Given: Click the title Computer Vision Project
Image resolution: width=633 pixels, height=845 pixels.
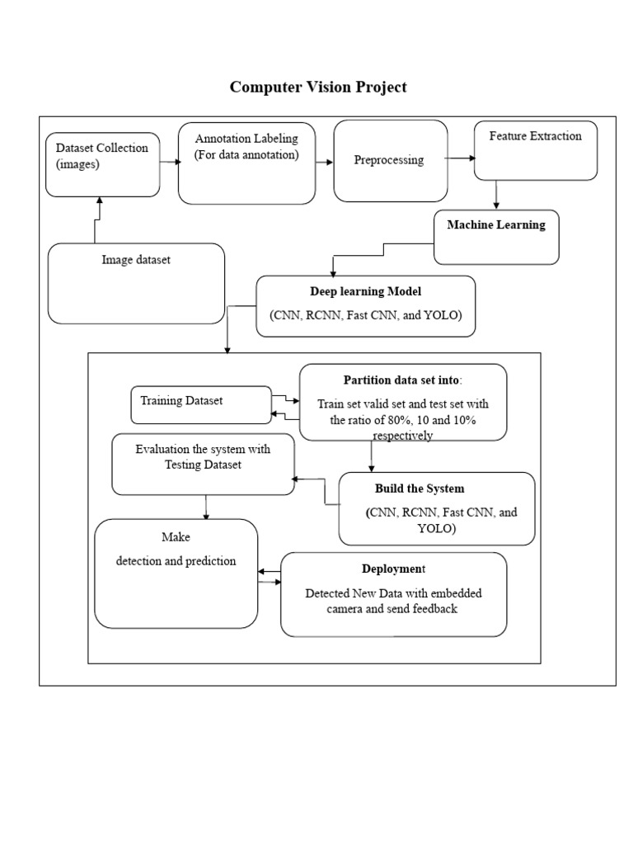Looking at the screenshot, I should (x=317, y=87).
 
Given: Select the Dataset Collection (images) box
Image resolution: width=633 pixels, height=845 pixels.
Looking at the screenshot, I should (x=102, y=164).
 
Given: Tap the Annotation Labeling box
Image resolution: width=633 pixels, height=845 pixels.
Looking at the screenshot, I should (x=246, y=162).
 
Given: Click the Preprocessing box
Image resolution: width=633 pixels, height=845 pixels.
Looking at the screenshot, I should (x=390, y=160).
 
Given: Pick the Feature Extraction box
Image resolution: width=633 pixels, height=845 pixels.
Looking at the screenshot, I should (x=535, y=149).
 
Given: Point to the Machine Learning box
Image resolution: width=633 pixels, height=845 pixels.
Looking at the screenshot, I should (x=496, y=236).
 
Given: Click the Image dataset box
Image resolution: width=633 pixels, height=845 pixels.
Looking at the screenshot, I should (x=136, y=283).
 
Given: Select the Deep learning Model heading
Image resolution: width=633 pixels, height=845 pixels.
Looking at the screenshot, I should (x=365, y=291).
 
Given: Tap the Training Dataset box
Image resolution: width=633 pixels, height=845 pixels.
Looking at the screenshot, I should (x=201, y=404).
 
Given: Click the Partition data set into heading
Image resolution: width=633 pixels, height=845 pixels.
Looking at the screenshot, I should (x=402, y=380).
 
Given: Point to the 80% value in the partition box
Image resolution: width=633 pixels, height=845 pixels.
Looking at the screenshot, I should (x=403, y=420).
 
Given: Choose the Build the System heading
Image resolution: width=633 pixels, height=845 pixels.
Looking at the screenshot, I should (x=419, y=489).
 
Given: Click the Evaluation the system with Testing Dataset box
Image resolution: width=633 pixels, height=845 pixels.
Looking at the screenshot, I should (x=203, y=464).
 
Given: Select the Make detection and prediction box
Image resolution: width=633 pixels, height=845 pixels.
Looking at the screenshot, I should (x=176, y=573).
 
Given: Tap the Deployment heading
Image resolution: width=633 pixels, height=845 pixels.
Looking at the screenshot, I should (x=393, y=569).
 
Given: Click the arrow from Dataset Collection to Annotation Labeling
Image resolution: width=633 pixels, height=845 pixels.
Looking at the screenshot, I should (x=169, y=162).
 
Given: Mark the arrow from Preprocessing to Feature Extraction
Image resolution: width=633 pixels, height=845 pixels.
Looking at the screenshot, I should (x=459, y=158).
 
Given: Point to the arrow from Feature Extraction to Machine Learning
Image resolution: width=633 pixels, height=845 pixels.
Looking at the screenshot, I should (x=496, y=195).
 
